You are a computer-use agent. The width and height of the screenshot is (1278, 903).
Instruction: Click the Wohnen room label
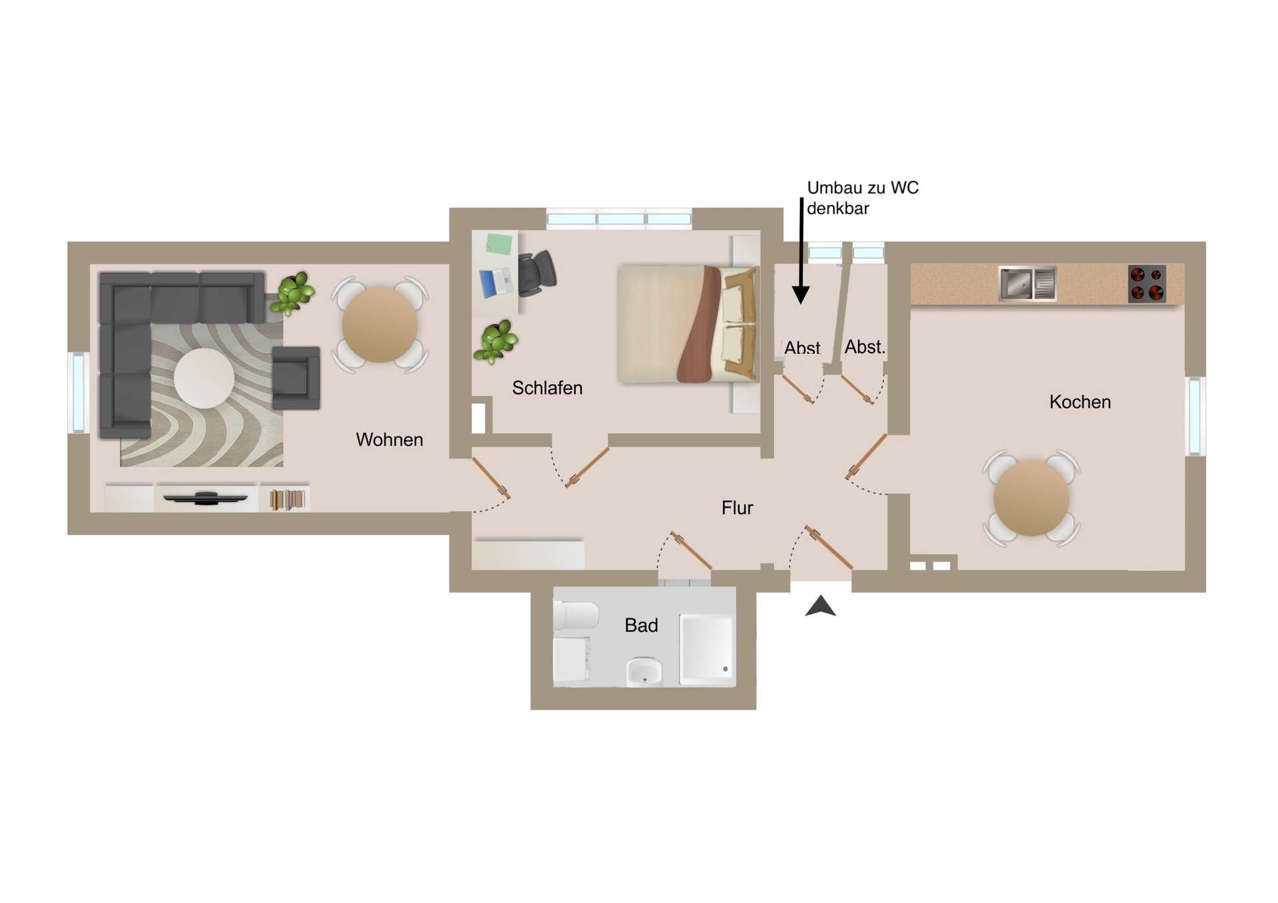[x=389, y=440]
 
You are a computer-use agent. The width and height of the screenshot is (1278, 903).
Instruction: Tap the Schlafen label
[x=547, y=388]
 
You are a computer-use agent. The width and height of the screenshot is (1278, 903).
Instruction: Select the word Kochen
[x=1080, y=402]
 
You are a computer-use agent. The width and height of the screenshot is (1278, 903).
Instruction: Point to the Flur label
[x=737, y=508]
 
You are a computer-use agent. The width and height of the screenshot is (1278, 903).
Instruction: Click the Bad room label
[x=641, y=626]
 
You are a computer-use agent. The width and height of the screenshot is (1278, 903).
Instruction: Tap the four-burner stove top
[x=1147, y=284]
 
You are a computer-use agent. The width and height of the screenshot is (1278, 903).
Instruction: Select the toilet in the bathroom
[x=576, y=616]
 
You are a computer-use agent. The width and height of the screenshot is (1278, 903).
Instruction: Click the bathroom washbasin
[x=644, y=672]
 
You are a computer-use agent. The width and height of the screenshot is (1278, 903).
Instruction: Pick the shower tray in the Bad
[x=707, y=649]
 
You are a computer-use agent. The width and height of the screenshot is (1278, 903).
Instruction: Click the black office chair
[x=536, y=273]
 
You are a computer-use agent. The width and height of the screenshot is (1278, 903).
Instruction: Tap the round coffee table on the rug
[x=204, y=379]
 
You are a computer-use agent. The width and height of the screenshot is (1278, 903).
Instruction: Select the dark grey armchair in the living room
[x=296, y=377]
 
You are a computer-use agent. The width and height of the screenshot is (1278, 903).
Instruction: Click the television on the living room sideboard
[x=206, y=498]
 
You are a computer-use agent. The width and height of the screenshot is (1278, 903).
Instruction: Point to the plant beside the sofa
[x=292, y=293]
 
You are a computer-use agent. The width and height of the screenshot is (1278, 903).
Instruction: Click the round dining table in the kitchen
[x=1031, y=498]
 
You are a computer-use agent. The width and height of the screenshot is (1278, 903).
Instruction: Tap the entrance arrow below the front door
[x=820, y=606]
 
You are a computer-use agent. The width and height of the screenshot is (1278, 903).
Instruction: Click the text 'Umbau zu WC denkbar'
[x=863, y=198]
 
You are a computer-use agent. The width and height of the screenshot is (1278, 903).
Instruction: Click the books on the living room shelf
[x=288, y=500]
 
